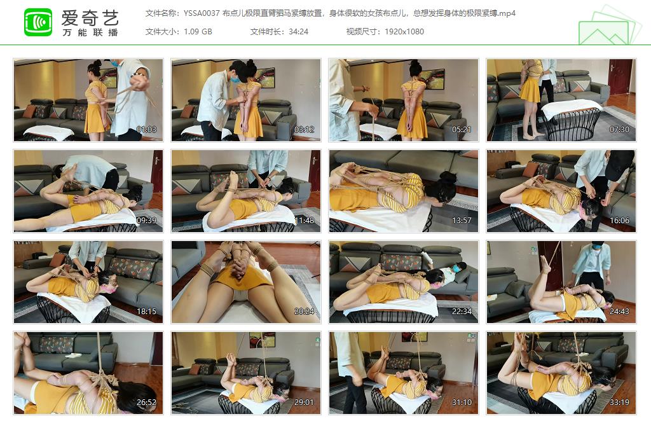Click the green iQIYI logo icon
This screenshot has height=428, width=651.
point(38,22)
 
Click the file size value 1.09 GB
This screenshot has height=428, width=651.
point(198,31)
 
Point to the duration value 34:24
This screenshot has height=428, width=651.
point(298,31)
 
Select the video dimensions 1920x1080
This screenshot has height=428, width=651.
point(404,31)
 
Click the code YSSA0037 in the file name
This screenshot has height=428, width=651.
point(202,13)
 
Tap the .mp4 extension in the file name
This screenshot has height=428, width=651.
point(507,13)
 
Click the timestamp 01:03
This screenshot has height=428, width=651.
point(147,130)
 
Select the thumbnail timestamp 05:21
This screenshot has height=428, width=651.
point(462,130)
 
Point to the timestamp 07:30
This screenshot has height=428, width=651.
point(620,130)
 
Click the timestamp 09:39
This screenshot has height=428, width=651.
point(147,221)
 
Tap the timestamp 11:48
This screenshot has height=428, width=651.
point(305,221)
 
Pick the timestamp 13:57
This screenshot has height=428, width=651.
point(462,221)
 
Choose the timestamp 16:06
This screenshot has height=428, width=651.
point(620,221)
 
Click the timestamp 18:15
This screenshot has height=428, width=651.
point(147,312)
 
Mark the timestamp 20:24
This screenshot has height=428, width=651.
point(305,312)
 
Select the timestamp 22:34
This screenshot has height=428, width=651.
point(462,312)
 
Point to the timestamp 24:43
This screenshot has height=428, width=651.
point(620,312)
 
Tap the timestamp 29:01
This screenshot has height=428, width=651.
point(305,403)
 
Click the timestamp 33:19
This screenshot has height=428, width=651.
point(620,403)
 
